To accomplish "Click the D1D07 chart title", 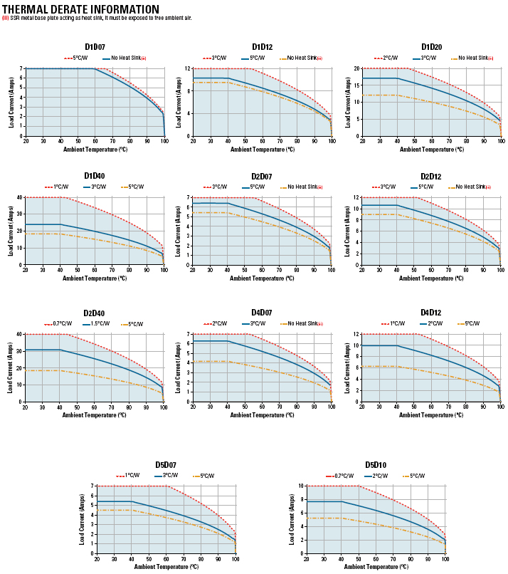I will point(95,47).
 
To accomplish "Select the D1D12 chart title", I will point(262,47).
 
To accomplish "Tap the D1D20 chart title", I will point(431,47).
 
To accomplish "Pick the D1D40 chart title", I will point(95,176).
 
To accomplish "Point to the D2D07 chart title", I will point(262,176).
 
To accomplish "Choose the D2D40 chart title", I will point(95,313).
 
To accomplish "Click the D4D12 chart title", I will point(431,313).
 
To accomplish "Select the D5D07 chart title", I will point(166,465).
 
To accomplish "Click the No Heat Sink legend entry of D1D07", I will point(128,58).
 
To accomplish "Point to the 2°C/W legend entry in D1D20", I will point(391,58).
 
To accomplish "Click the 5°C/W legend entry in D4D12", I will point(470,323).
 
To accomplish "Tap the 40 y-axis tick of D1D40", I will point(21,197).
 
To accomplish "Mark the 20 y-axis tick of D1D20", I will point(354,68).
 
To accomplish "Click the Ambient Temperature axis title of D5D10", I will point(375,567).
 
